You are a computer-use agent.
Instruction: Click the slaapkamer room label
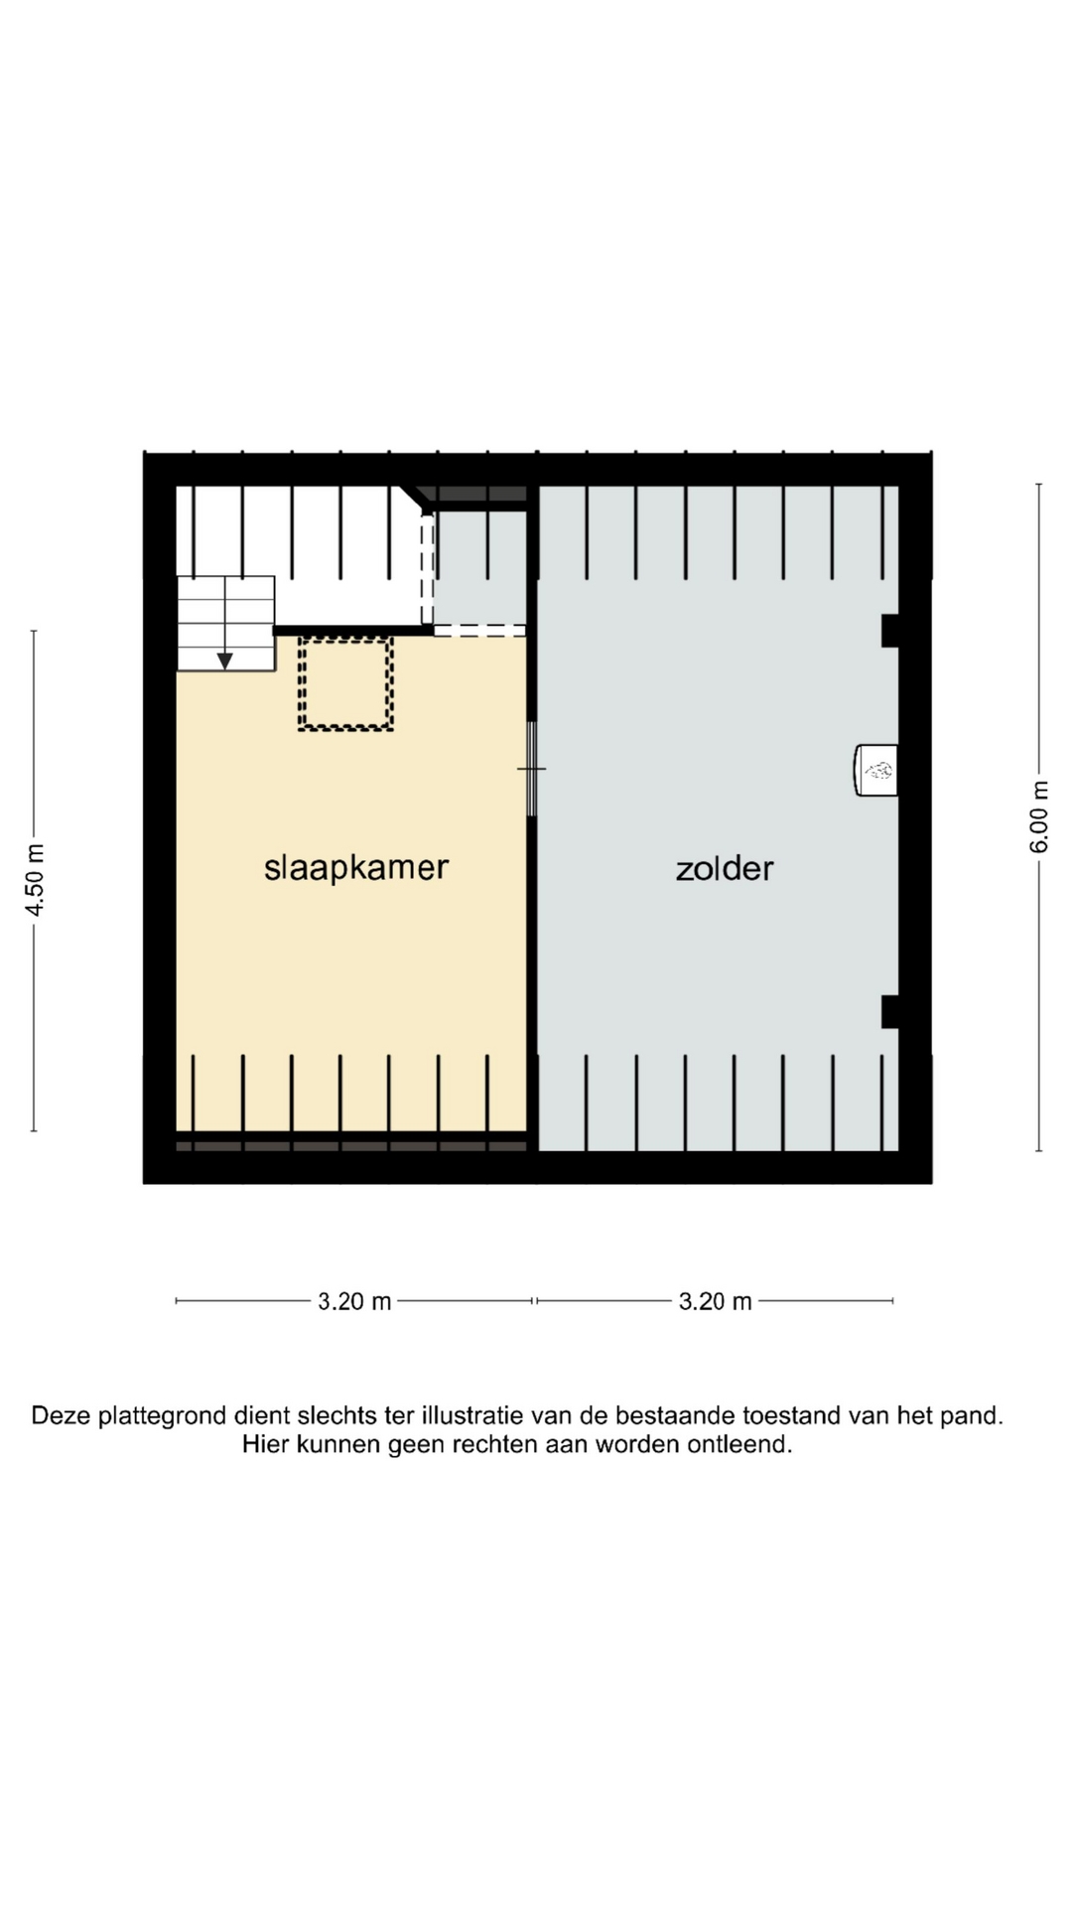pos(356,868)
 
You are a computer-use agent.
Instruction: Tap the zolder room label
pos(725,868)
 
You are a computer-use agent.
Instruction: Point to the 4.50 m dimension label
pos(35,880)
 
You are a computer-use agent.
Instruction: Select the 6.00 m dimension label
pos(1039,816)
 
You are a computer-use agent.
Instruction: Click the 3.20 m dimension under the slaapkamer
pos(354,1301)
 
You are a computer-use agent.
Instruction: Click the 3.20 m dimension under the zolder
pos(715,1301)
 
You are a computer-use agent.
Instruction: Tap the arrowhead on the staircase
pos(225,660)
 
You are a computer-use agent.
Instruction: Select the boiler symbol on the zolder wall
pos(876,770)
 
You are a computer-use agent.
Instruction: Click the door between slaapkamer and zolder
pos(532,769)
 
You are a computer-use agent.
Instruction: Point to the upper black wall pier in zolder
pos(890,631)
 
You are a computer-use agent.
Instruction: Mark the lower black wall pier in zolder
pos(890,1011)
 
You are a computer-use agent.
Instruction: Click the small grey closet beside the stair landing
pos(480,568)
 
